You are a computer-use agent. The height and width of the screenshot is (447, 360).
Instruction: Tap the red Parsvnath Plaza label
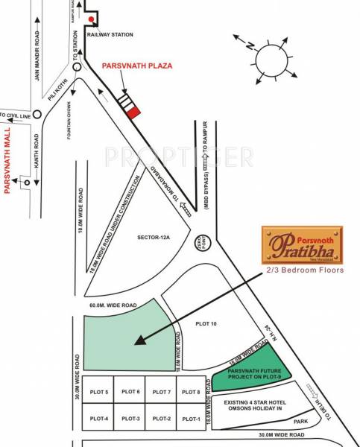pos(137,66)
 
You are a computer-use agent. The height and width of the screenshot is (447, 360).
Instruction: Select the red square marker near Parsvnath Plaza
pos(133,112)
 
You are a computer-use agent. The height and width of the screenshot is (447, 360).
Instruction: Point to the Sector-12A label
pos(154,238)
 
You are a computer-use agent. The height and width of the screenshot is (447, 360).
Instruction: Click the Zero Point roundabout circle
pos(206,242)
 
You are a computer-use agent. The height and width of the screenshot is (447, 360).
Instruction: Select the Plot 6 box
pos(130,392)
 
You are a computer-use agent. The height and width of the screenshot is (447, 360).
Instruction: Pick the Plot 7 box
pos(161,392)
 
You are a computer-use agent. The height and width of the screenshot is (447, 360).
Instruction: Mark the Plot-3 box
pos(130,418)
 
